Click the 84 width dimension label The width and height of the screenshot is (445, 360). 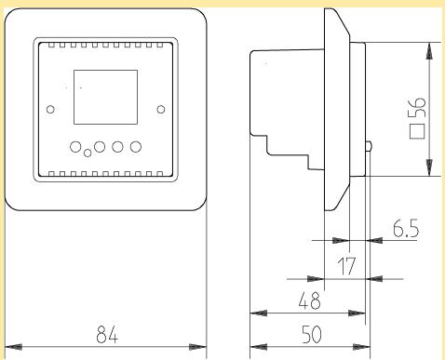pyautogui.click(x=107, y=334)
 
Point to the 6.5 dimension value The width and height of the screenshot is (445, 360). pyautogui.click(x=403, y=229)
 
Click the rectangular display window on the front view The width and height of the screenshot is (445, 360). pyautogui.click(x=102, y=98)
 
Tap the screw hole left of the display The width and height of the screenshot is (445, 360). pyautogui.click(x=50, y=109)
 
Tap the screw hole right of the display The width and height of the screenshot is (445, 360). pyautogui.click(x=161, y=109)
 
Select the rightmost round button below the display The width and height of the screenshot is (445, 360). pyautogui.click(x=137, y=146)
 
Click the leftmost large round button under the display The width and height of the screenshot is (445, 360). pyautogui.click(x=74, y=146)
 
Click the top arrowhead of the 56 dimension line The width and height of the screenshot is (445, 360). pyautogui.click(x=429, y=49)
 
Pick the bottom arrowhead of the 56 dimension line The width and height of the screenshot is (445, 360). pyautogui.click(x=429, y=171)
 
